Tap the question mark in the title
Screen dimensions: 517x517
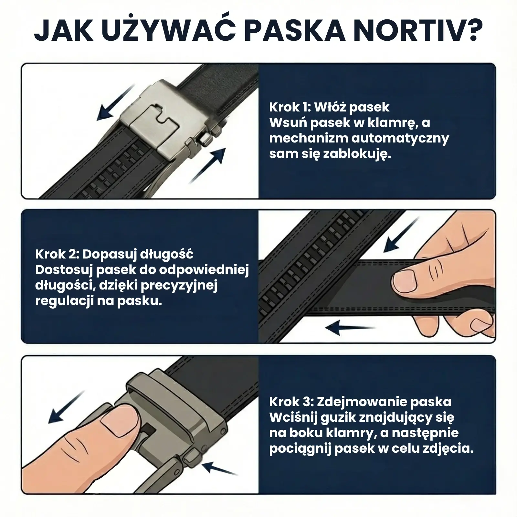(x=472, y=31)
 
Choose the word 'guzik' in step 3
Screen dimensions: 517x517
(x=336, y=418)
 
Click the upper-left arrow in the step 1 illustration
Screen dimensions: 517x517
(x=117, y=102)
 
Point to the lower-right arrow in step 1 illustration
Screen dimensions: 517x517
(x=207, y=165)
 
